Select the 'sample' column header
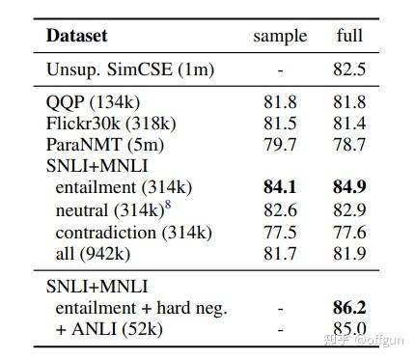coord(280,37)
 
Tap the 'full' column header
coord(349,37)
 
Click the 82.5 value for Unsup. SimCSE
coord(349,70)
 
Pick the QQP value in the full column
coord(349,102)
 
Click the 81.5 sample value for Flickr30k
coord(280,124)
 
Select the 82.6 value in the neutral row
coord(280,209)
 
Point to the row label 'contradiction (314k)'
coord(133,232)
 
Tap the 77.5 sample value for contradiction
coord(280,232)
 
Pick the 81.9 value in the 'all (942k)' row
coord(349,253)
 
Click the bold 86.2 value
coord(349,308)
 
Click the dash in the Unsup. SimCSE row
coord(280,70)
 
